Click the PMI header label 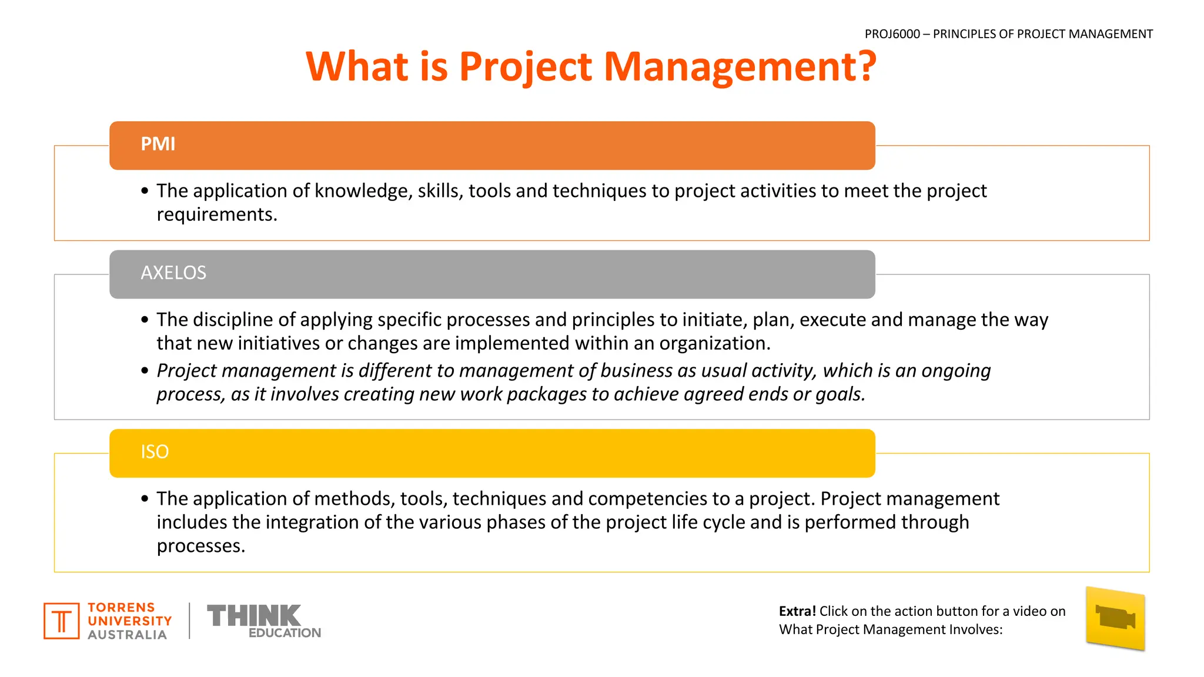point(158,144)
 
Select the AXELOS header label point(173,273)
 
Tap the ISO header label point(155,452)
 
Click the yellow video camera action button point(1115,619)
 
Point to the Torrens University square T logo point(61,621)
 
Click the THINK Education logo point(264,621)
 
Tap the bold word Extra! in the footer point(797,611)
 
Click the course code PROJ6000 point(892,34)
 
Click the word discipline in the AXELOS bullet point(232,320)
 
